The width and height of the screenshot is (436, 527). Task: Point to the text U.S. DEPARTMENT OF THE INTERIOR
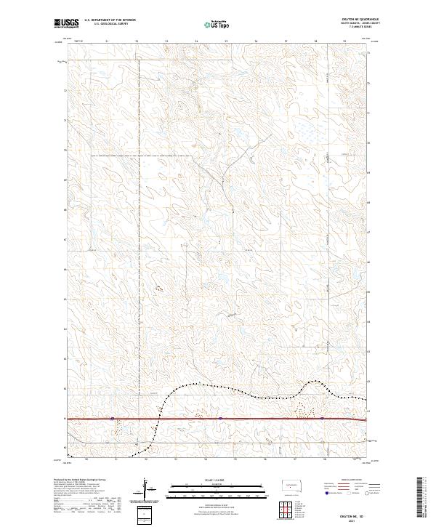[x=110, y=20]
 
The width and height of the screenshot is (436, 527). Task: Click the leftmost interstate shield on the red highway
[x=111, y=419]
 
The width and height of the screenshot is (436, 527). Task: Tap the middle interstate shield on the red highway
[x=219, y=419]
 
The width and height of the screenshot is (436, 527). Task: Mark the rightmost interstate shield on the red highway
[x=320, y=419]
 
